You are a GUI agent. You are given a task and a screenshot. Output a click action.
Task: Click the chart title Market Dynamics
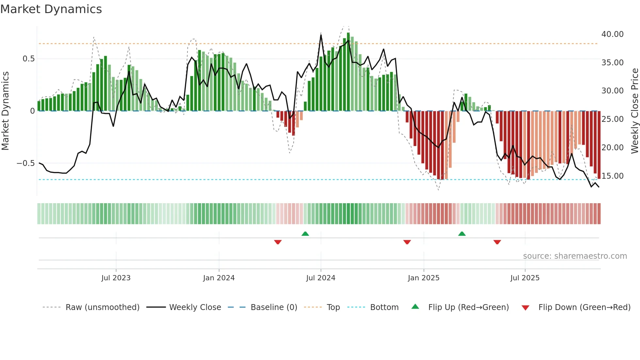(x=51, y=9)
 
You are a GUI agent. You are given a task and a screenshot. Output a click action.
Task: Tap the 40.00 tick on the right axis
(x=612, y=34)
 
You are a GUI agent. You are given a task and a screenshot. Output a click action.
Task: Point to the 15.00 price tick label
(x=612, y=176)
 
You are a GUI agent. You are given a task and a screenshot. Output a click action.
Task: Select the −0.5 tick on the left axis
(x=25, y=163)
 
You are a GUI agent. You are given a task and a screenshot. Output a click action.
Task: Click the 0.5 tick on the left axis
(x=28, y=59)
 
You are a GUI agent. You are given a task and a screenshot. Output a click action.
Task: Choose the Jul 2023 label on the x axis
(x=116, y=278)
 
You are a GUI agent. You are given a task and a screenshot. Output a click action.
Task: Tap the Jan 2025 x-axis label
(x=423, y=278)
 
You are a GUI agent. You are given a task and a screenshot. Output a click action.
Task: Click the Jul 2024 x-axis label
(x=320, y=278)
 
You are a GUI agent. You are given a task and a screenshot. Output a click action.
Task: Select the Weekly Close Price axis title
(x=634, y=111)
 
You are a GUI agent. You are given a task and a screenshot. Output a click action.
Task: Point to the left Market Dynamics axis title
(x=5, y=111)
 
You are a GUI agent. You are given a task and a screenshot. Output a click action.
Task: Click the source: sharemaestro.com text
(x=575, y=256)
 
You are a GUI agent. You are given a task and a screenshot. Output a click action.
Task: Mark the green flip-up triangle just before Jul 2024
(x=305, y=234)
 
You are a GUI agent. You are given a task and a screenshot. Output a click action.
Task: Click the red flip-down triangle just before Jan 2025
(x=407, y=242)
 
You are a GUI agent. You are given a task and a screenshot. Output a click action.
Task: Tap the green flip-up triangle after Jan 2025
(x=462, y=234)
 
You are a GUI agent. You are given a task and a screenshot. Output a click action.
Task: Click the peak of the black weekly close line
(x=321, y=35)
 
